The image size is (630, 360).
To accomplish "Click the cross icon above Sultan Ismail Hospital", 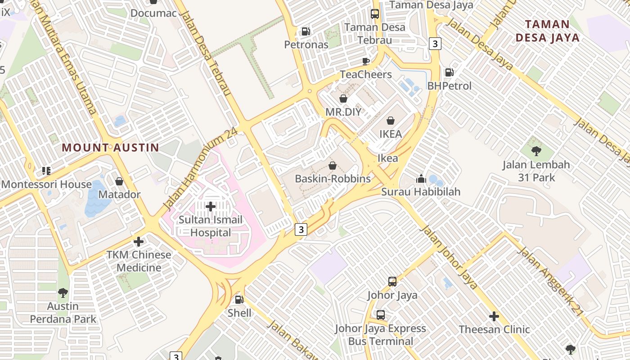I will [210, 207].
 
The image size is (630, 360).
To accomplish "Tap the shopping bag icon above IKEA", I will [391, 121].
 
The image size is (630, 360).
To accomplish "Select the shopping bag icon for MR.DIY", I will [343, 98].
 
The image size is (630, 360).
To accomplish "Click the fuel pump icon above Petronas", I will [306, 31].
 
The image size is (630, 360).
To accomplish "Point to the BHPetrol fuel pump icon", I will [449, 72].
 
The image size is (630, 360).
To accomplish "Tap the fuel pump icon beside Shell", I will [239, 299].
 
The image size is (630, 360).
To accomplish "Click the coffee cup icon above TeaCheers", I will [366, 61].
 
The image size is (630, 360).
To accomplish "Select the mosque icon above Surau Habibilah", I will [421, 179].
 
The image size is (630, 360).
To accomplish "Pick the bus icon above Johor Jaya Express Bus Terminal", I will [381, 315].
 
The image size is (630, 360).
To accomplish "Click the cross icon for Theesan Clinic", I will [494, 316].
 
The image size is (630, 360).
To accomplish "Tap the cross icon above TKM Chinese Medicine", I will [139, 242].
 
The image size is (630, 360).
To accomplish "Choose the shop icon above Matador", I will [119, 181].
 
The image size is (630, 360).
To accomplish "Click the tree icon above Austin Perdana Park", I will [63, 293].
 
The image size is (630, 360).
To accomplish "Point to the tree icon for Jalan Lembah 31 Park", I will [536, 151].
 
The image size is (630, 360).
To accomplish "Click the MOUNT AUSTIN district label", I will [110, 147].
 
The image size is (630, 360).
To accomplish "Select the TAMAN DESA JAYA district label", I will [547, 31].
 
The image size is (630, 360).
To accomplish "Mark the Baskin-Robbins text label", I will [333, 179].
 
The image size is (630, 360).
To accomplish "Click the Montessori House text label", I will [46, 184].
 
